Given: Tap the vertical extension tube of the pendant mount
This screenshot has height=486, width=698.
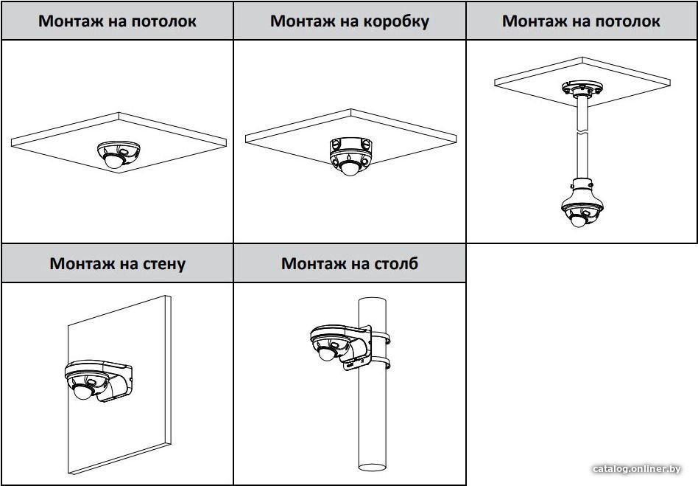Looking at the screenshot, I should click(582, 140).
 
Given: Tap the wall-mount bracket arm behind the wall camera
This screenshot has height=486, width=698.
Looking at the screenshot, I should click(118, 380).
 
